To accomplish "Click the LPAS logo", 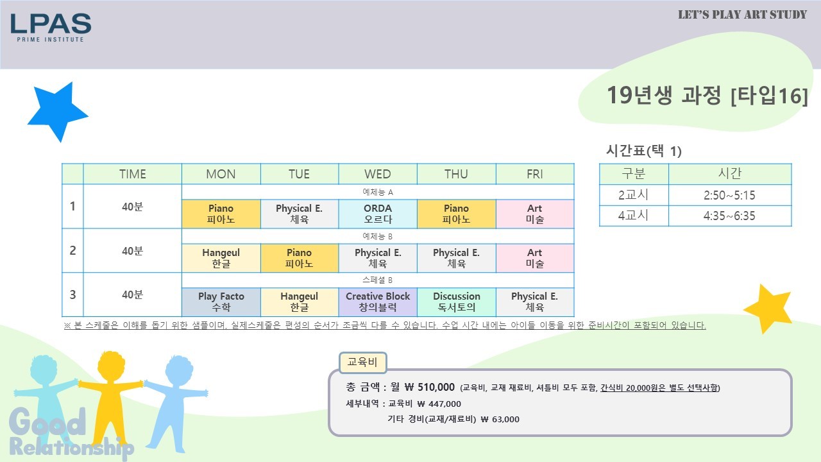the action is (51, 28).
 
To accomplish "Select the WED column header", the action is (378, 174).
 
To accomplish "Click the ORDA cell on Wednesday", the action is (378, 214).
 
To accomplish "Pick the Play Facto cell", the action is (221, 302).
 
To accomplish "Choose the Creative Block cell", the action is (378, 302).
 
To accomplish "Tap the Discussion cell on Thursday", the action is (456, 302).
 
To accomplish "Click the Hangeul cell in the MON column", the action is (221, 258).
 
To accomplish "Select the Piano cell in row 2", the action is (299, 258).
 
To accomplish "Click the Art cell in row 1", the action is (535, 214).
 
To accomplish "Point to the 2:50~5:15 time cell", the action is (729, 195).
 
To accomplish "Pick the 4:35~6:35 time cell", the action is (729, 216).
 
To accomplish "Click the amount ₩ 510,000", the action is (429, 387).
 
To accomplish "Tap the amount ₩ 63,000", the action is (500, 419).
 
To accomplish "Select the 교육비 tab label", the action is (362, 363).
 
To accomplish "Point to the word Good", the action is (47, 422).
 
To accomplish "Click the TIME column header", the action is (132, 174).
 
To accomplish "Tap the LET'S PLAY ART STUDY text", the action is (742, 15).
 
